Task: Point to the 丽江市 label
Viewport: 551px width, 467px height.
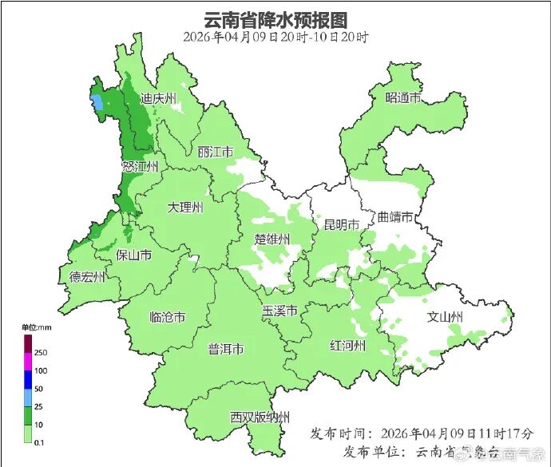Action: click(215, 152)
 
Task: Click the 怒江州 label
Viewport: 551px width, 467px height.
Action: click(140, 166)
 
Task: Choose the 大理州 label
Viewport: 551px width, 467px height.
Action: click(185, 208)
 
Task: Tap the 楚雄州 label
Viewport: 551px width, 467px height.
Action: click(272, 239)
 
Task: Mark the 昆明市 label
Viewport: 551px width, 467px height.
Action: click(341, 224)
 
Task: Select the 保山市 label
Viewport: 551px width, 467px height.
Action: click(134, 255)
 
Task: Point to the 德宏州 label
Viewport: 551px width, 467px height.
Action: click(87, 277)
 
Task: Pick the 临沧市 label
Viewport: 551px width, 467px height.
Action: click(168, 317)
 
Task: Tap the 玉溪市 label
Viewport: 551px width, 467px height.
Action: click(280, 310)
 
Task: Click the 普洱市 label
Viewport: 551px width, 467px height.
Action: click(226, 349)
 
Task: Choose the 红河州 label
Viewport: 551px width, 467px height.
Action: click(348, 345)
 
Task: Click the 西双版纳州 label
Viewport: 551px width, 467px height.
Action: click(260, 417)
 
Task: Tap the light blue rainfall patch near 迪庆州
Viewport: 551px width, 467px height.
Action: click(97, 103)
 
